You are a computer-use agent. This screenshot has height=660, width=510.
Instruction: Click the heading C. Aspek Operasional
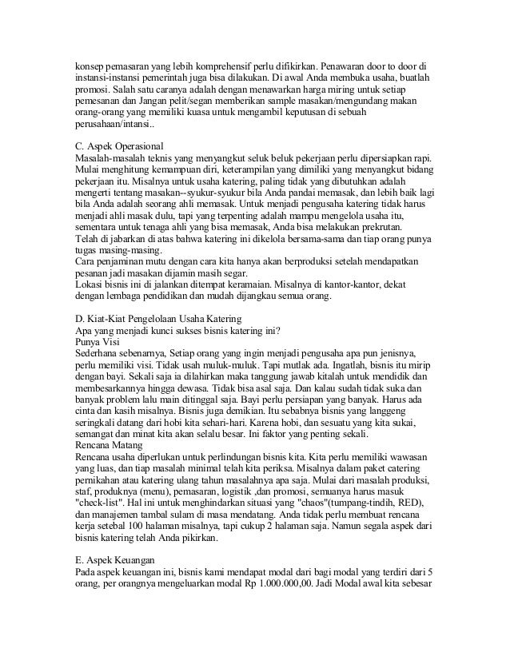(x=107, y=146)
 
